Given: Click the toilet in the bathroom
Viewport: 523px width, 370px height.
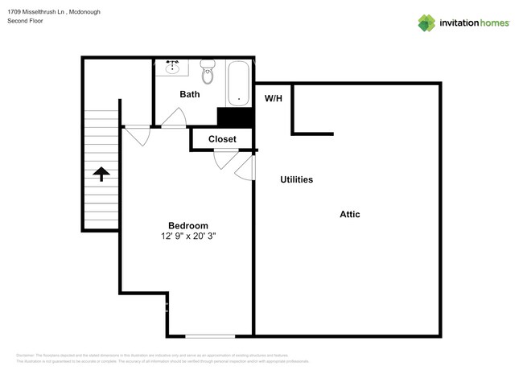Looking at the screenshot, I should [208, 72].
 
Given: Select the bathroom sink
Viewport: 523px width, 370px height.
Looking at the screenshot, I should [172, 68].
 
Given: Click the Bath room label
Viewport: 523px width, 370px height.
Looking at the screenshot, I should [190, 94].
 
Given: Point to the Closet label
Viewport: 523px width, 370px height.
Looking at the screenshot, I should [222, 139].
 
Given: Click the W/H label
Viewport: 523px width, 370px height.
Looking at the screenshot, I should [274, 99].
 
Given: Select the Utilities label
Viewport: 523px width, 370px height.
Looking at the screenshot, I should [296, 179].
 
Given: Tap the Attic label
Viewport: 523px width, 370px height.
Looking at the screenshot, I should [349, 214].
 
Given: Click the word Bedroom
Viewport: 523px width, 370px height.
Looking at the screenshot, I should [187, 225].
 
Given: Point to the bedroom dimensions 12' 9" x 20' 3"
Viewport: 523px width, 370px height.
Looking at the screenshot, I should [188, 236].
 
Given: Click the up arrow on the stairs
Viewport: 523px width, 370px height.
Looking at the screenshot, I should [102, 174].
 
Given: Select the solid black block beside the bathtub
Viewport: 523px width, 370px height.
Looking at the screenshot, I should [235, 117].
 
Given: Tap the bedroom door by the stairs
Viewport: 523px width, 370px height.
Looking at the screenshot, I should [137, 134].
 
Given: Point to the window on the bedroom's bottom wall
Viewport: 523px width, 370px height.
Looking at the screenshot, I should [211, 335].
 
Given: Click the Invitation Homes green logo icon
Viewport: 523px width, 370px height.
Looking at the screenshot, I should [426, 23].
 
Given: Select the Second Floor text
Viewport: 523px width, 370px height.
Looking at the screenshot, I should [25, 21].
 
